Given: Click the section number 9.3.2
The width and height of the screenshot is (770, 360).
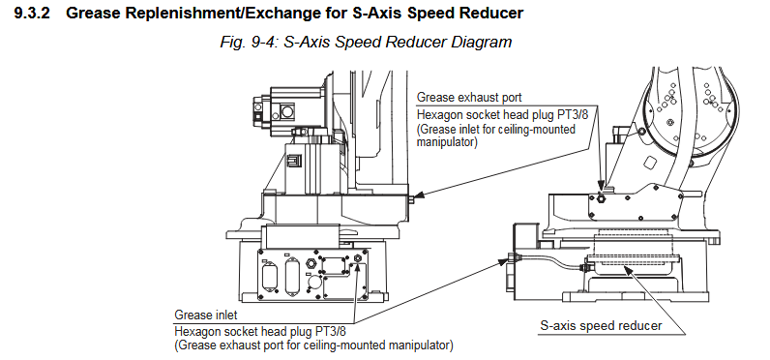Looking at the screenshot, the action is (32, 14).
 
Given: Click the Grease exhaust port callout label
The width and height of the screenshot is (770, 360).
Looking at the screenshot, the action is (469, 97).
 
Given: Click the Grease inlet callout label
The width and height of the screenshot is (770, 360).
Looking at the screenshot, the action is (206, 315).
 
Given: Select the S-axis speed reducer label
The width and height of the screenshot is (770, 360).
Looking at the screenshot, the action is (601, 325).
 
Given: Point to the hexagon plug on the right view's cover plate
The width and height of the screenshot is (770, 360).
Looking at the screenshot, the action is (601, 198).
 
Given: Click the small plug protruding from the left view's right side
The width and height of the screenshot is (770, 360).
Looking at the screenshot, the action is (411, 198).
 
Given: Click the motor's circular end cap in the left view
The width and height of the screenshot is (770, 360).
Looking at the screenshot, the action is (287, 111).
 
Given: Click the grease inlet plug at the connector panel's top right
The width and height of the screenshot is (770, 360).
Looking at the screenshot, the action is (358, 256).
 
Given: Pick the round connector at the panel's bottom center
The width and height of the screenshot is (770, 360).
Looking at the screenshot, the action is (312, 283).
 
